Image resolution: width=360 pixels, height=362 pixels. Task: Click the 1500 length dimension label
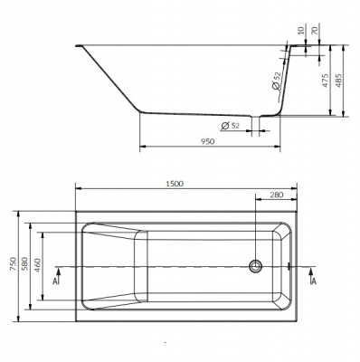pos(175,184)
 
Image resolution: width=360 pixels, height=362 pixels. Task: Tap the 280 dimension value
pos(277,195)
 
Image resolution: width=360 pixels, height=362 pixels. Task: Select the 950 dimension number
pos(207,141)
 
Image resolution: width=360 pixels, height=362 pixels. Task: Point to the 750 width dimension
pos(14,263)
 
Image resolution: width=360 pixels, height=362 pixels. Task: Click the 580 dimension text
pos(24,263)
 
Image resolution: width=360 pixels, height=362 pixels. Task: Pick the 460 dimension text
pos(37,265)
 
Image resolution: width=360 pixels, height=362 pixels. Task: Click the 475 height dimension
pos(326,81)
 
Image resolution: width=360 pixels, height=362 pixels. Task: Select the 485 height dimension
pos(338,81)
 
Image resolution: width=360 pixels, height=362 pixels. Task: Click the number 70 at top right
pos(315,30)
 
